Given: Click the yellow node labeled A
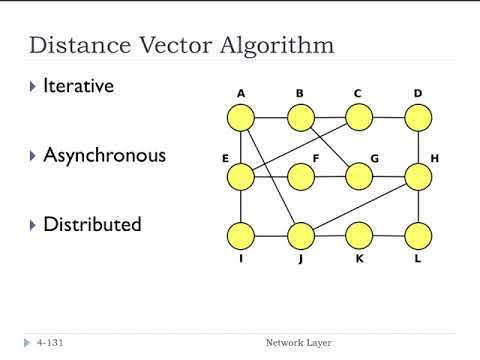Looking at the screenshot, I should tap(241, 118).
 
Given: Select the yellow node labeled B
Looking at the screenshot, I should tap(300, 118).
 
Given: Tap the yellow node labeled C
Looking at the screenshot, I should tap(359, 118).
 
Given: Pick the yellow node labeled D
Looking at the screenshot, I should tap(418, 118).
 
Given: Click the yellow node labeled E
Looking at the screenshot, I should tap(241, 177).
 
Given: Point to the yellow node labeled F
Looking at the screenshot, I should tap(300, 177).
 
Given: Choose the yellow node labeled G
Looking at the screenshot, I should tap(359, 177).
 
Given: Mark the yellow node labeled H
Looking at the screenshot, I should tap(418, 177).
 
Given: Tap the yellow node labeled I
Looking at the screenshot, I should tap(241, 236).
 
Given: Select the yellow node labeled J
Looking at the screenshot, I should tap(300, 236).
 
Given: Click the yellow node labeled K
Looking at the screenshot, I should tap(359, 236).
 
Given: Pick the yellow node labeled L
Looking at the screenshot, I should tap(418, 236).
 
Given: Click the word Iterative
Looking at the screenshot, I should tap(78, 86).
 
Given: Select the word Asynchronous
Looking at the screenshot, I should tap(104, 155).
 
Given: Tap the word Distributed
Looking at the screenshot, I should tap(92, 224).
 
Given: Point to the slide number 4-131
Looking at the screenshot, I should tap(52, 343).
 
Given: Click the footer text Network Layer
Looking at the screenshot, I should tap(298, 343).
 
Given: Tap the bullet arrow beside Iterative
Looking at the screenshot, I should tap(33, 87).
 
